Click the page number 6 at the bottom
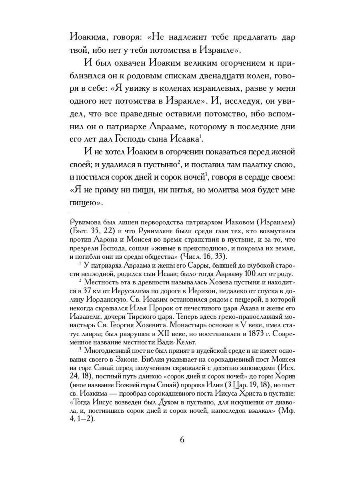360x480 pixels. click(182, 440)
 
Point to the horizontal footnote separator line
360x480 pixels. click(99, 213)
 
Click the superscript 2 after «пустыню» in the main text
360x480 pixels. click(180, 162)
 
